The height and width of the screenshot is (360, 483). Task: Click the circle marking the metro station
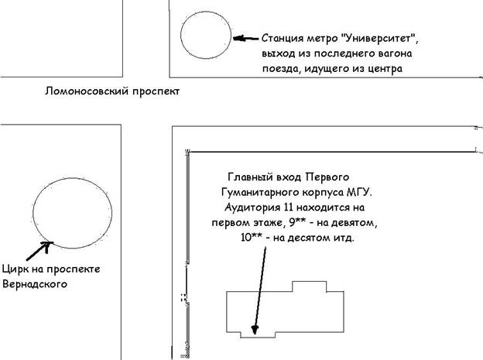pos(181,35)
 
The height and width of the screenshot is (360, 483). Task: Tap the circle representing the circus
pos(33,213)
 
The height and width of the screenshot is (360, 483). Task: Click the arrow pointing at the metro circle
pos(245,39)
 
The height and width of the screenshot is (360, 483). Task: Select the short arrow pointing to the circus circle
pos(39,251)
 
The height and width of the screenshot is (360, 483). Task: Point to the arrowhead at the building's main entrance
pos(255,330)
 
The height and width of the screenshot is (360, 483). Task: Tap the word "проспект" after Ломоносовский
pos(156,92)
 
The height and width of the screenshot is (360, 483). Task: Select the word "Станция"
pos(283,39)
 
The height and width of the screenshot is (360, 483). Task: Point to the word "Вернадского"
pos(35,284)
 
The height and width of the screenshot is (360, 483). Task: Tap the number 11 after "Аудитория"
pos(288,207)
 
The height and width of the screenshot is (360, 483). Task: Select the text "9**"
pos(297,222)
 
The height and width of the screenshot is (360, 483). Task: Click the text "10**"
pos(252,238)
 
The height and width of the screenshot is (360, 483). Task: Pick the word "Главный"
pos(251,177)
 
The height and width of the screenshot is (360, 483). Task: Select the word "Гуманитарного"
pos(260,193)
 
